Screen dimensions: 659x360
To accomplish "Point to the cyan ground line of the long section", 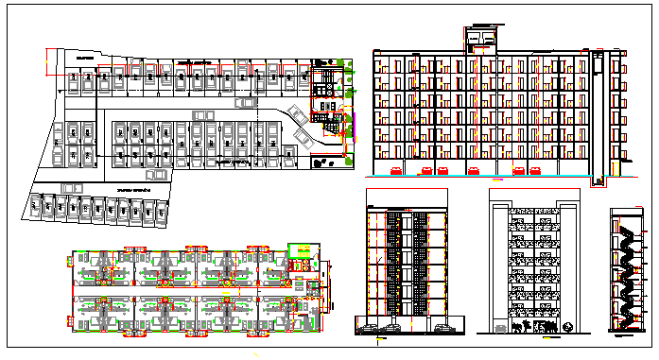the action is pyautogui.click(x=473, y=177).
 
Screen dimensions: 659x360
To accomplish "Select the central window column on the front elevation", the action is pyautogui.click(x=407, y=265).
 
